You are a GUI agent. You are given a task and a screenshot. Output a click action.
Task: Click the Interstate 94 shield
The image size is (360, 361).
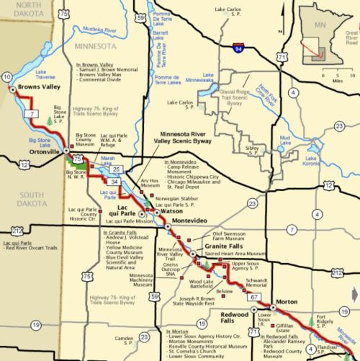(247, 48)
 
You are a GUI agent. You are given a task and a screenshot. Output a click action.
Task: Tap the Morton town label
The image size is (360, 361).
(287, 300)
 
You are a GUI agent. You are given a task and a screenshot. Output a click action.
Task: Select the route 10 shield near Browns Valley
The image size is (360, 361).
(7, 77)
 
